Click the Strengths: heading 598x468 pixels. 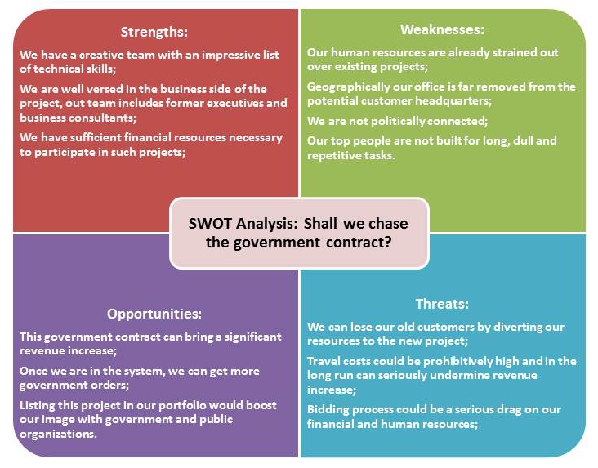[154, 32]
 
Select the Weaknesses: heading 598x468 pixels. [442, 29]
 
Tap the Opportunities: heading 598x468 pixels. [154, 313]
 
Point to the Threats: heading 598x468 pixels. [441, 304]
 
